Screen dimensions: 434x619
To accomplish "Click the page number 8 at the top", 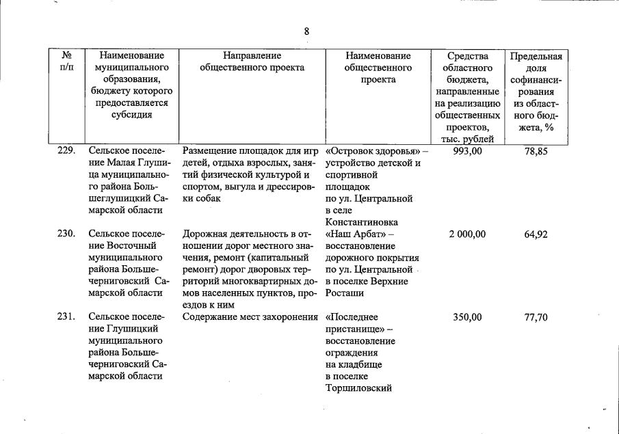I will pos(307,31).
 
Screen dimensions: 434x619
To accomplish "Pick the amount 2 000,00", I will pos(467,234).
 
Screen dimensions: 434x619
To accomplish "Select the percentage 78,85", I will pos(536,151).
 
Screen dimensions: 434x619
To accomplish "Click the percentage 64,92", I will pos(536,234).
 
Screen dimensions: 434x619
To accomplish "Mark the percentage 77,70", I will pos(536,317).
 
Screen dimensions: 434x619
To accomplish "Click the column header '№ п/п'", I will pos(67,62).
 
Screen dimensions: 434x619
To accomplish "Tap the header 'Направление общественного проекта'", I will pos(251,62).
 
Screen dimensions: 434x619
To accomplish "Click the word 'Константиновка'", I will pos(360,222).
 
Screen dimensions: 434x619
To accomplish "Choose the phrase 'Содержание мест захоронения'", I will pos(251,317).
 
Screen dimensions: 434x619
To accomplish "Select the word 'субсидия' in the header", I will pos(131,114).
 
